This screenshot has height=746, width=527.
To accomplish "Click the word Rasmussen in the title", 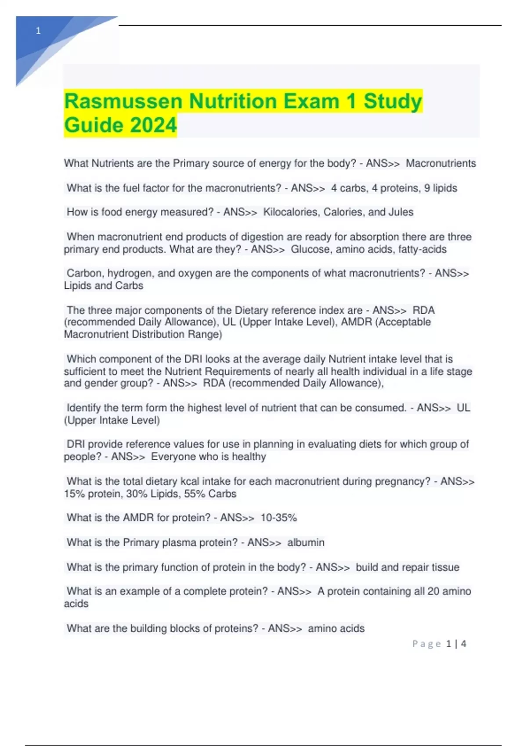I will pyautogui.click(x=123, y=101).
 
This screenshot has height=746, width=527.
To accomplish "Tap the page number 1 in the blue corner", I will pyautogui.click(x=38, y=31).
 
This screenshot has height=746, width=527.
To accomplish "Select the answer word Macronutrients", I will pyautogui.click(x=440, y=163).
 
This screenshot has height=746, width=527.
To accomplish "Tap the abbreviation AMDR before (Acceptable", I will pyautogui.click(x=357, y=322).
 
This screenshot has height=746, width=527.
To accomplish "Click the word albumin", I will pyautogui.click(x=306, y=542).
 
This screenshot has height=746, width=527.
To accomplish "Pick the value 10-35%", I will pyautogui.click(x=278, y=518).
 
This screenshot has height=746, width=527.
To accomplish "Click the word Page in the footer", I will pyautogui.click(x=426, y=644).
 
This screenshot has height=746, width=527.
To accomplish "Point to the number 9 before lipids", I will pyautogui.click(x=427, y=188).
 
